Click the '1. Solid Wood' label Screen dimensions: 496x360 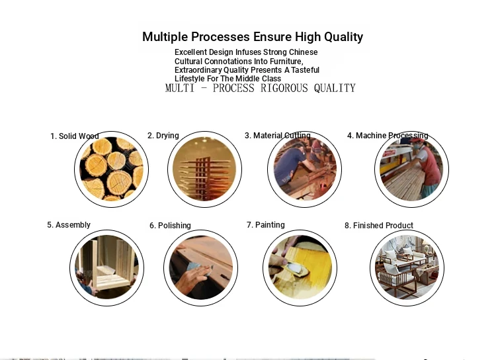[x=75, y=136]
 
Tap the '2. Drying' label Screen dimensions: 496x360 [x=163, y=136]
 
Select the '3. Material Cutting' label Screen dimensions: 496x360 [x=278, y=136]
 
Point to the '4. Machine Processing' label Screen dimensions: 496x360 [x=388, y=136]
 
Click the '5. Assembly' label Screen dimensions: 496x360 [x=69, y=225]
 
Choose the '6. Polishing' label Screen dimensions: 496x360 [x=170, y=226]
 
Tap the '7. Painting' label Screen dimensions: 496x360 [x=266, y=225]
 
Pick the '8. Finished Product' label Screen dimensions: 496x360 [x=379, y=226]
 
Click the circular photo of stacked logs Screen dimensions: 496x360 [x=111, y=169]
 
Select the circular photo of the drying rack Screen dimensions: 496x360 [x=204, y=169]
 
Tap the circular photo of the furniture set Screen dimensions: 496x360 [x=407, y=268]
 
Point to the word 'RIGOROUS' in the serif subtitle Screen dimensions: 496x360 [x=284, y=88]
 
